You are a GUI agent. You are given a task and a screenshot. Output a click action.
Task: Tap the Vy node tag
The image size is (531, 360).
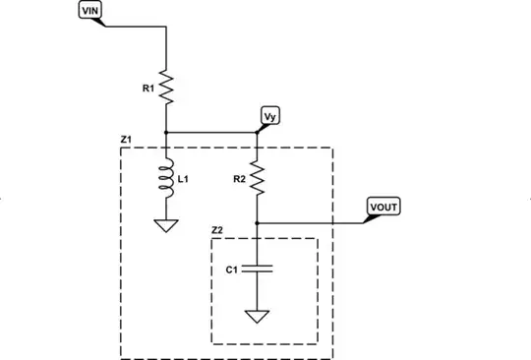(269, 116)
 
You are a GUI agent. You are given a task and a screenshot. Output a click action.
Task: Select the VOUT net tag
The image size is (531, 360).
(383, 208)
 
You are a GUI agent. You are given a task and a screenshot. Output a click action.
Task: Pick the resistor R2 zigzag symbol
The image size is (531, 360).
(257, 178)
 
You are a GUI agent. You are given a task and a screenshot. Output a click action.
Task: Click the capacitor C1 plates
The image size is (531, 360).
(257, 269)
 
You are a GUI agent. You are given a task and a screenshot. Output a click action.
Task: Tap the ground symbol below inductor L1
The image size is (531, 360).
(166, 226)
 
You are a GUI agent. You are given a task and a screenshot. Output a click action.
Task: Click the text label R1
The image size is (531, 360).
(148, 89)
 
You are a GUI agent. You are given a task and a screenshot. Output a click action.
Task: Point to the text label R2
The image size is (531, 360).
(239, 179)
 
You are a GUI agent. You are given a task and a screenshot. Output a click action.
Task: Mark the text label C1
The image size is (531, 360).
(231, 269)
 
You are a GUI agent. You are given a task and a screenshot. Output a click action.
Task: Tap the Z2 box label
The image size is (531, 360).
(217, 230)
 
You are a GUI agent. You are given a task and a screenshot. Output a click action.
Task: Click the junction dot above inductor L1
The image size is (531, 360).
(166, 132)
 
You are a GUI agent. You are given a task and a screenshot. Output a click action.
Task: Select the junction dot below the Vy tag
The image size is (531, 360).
(257, 132)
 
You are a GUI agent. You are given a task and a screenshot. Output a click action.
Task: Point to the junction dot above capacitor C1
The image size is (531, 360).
(257, 222)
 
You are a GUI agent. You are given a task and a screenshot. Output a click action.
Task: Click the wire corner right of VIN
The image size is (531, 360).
(166, 27)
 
